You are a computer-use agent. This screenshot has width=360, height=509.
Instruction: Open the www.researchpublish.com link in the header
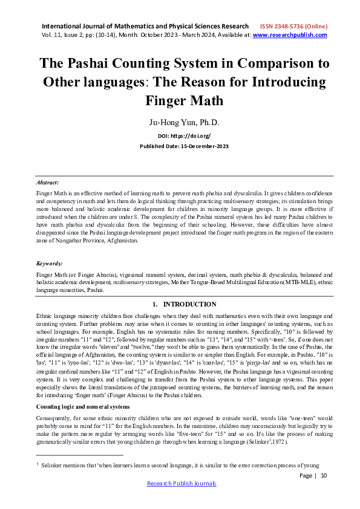point(289,36)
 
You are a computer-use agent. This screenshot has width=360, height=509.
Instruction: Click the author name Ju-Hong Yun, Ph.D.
point(180,122)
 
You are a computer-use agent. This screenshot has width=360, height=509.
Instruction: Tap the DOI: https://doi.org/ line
point(180,137)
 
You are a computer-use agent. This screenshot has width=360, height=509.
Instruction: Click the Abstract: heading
point(48,181)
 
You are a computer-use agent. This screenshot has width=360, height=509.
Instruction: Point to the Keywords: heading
point(50,264)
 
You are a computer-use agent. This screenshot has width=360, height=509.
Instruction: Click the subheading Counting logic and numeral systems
point(82,390)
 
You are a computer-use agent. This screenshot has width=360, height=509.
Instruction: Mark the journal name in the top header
point(145,27)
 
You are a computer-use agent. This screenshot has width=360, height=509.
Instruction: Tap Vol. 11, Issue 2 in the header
point(67,36)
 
